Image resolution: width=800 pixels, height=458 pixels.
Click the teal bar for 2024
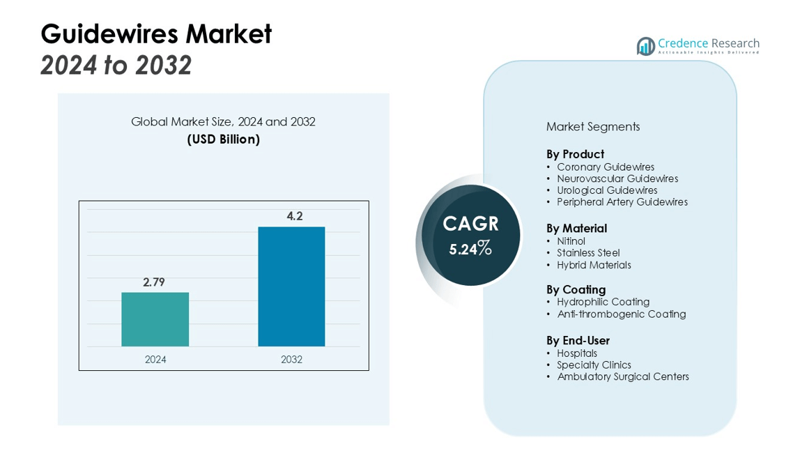[x=155, y=319]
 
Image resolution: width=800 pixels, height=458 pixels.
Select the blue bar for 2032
[x=291, y=287]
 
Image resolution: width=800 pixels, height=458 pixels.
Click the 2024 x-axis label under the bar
[x=155, y=360]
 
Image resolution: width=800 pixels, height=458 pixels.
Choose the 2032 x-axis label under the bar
[x=291, y=360]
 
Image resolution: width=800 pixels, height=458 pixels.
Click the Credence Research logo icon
[x=645, y=47]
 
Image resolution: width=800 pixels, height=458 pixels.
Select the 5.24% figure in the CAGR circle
[x=470, y=248]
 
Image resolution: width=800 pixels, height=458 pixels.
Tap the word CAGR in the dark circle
[x=471, y=224]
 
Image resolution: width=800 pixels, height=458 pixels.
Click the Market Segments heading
[x=592, y=126]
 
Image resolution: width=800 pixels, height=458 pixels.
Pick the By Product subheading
[x=575, y=154]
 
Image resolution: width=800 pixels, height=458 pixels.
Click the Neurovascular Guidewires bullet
[x=617, y=178]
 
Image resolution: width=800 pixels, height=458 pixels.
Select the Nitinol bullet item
[x=571, y=241]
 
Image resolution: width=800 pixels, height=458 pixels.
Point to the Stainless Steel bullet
[x=587, y=253]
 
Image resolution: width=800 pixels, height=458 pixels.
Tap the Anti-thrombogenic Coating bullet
[x=621, y=314]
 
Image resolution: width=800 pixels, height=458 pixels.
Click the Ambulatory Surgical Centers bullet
[x=622, y=377]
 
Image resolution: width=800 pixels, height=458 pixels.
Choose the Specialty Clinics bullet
[x=593, y=365]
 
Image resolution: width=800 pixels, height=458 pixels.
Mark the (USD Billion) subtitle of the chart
[x=223, y=139]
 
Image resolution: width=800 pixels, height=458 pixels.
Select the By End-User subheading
[x=578, y=340]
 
